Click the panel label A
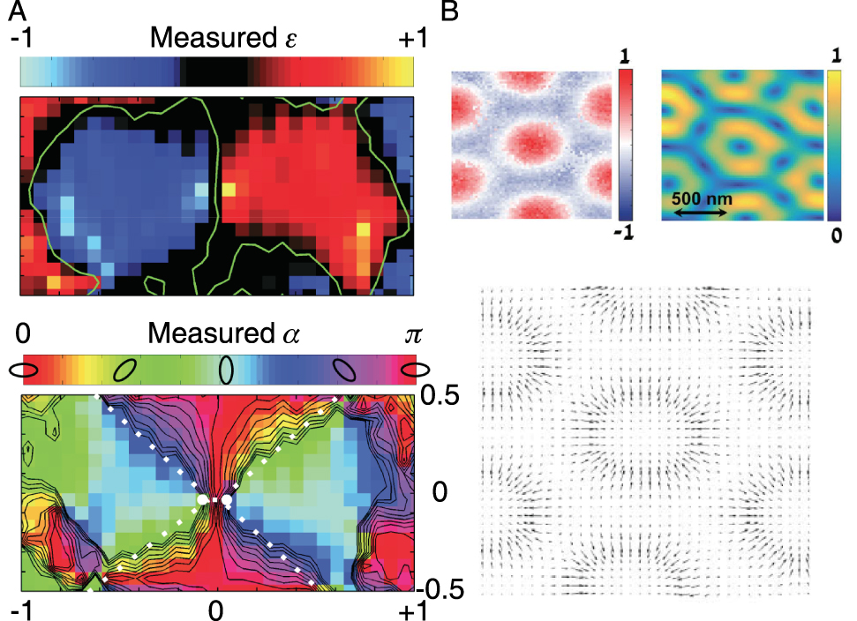point(16,12)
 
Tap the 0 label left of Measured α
point(24,333)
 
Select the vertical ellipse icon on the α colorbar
point(227,369)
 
